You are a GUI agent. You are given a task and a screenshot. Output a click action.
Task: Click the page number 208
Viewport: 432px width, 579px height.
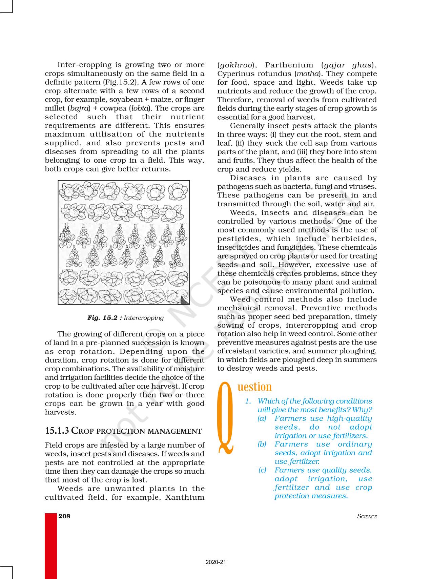tap(64, 516)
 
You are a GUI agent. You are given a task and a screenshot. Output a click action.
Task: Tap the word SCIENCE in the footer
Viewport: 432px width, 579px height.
tap(367, 517)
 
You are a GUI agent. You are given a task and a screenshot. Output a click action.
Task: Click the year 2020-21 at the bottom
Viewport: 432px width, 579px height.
tap(216, 562)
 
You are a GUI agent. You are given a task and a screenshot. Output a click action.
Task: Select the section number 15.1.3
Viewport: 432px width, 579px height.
tap(57, 431)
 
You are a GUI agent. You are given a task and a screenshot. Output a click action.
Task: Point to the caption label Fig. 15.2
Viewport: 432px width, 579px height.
tap(104, 318)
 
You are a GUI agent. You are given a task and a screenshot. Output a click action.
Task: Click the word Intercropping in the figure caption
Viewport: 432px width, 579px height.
tap(144, 318)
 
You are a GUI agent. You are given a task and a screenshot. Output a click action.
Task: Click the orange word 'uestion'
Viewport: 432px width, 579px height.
tap(255, 387)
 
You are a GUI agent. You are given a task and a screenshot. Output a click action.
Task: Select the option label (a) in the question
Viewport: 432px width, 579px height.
tap(262, 418)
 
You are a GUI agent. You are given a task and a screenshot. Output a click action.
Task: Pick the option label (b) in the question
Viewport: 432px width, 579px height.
tap(262, 444)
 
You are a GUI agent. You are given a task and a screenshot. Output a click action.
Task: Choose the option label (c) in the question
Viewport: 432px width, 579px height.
tap(262, 470)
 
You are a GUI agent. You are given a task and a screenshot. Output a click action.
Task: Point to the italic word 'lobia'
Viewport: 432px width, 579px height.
tap(139, 108)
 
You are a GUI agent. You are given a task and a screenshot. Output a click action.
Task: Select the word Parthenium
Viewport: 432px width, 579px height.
tap(285, 65)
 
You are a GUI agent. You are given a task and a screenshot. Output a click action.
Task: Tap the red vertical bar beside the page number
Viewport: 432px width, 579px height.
tap(51, 545)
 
